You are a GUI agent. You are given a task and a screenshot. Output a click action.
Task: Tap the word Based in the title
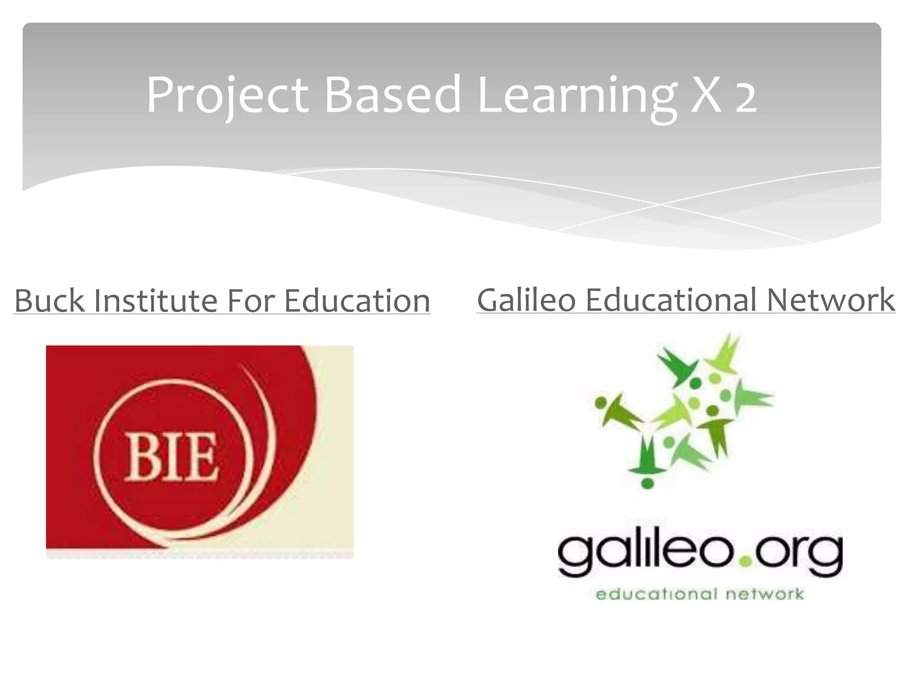(392, 95)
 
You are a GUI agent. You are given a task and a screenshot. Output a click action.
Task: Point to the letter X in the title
(708, 95)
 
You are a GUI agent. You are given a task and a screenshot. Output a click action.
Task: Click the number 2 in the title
(746, 99)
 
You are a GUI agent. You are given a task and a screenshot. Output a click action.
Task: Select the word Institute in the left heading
(156, 301)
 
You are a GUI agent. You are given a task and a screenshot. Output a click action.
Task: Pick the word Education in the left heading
(357, 301)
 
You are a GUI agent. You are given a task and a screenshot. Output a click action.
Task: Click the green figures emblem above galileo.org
(683, 410)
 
